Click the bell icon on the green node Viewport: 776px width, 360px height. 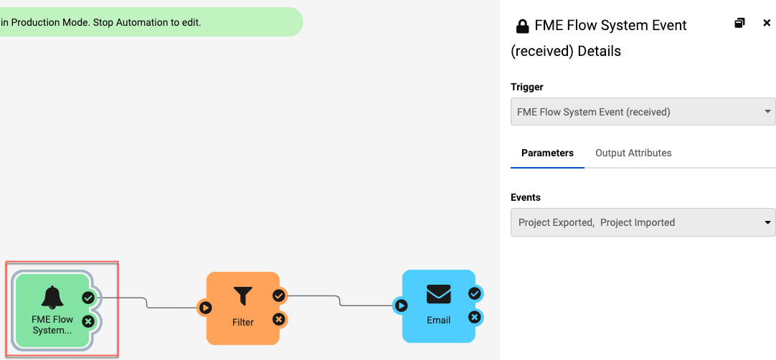pyautogui.click(x=52, y=297)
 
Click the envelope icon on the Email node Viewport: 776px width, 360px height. pyautogui.click(x=438, y=294)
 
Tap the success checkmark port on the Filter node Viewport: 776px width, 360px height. pyautogui.click(x=279, y=295)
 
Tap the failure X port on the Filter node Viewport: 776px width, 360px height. pyautogui.click(x=279, y=319)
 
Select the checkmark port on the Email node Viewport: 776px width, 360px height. pyautogui.click(x=474, y=293)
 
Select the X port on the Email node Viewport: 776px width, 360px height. pyautogui.click(x=474, y=317)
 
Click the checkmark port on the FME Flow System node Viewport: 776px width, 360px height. pyautogui.click(x=88, y=297)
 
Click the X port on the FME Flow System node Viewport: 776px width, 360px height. pyautogui.click(x=88, y=321)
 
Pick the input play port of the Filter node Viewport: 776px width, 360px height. pyautogui.click(x=205, y=308)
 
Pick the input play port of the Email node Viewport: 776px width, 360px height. pyautogui.click(x=401, y=305)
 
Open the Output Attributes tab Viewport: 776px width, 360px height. pyautogui.click(x=633, y=153)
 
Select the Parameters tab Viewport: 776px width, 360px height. pyautogui.click(x=547, y=153)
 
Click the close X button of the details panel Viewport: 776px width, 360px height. pyautogui.click(x=767, y=23)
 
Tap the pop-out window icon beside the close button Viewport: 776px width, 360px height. pyautogui.click(x=740, y=23)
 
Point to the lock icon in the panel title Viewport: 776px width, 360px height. pyautogui.click(x=523, y=27)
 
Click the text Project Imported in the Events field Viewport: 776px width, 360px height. pyautogui.click(x=638, y=222)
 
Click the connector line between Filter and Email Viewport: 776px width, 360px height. pyautogui.click(x=340, y=300)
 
